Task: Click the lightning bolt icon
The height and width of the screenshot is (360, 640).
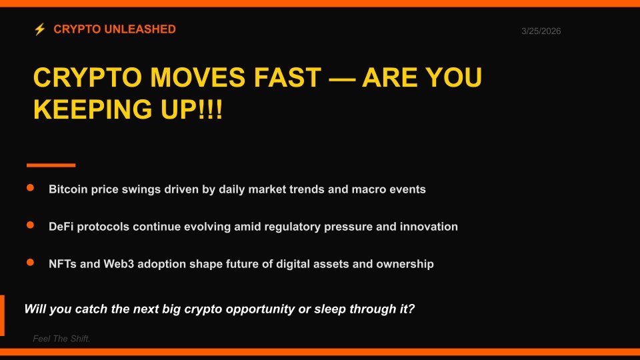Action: click(x=40, y=29)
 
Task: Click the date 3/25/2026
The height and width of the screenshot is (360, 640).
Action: click(x=541, y=31)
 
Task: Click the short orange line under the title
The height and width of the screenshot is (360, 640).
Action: click(x=51, y=165)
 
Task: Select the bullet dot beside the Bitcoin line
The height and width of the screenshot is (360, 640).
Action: click(x=30, y=189)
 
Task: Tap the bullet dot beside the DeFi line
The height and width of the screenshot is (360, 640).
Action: click(x=30, y=226)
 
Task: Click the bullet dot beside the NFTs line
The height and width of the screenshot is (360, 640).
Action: click(x=30, y=263)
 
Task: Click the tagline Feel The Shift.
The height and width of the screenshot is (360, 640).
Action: click(x=61, y=339)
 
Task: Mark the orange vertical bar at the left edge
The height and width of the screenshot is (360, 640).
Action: click(x=2, y=315)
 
